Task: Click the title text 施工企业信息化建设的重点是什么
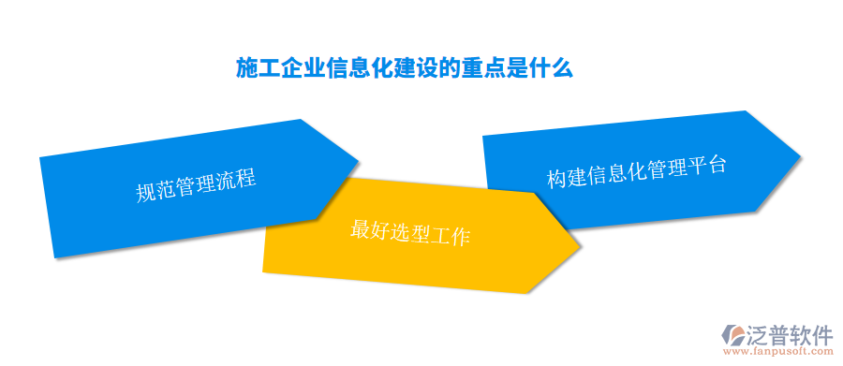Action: point(403,68)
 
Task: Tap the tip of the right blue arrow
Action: point(799,154)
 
